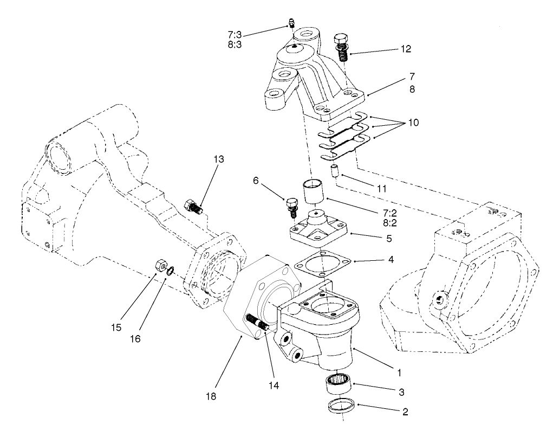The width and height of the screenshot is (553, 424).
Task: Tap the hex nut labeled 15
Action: point(160,266)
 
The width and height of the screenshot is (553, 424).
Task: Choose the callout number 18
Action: point(211,396)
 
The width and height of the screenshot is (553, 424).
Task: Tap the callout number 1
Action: point(399,372)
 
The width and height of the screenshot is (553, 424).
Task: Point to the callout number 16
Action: point(134,339)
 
